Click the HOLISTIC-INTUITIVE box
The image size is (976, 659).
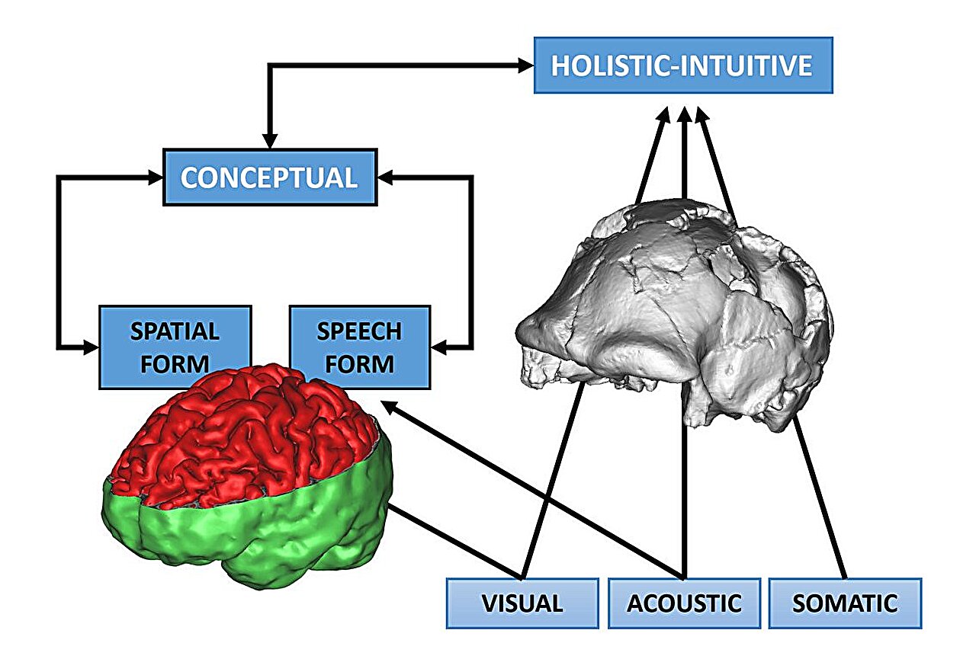click(682, 65)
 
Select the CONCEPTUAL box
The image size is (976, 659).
click(270, 178)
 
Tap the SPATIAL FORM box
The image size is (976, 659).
click(175, 335)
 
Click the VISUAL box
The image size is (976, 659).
click(522, 603)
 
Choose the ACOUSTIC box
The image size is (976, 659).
click(684, 603)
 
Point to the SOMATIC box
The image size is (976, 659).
click(845, 603)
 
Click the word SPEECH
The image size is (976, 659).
click(359, 332)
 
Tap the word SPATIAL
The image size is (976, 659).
click(175, 332)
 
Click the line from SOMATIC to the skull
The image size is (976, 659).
click(820, 495)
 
